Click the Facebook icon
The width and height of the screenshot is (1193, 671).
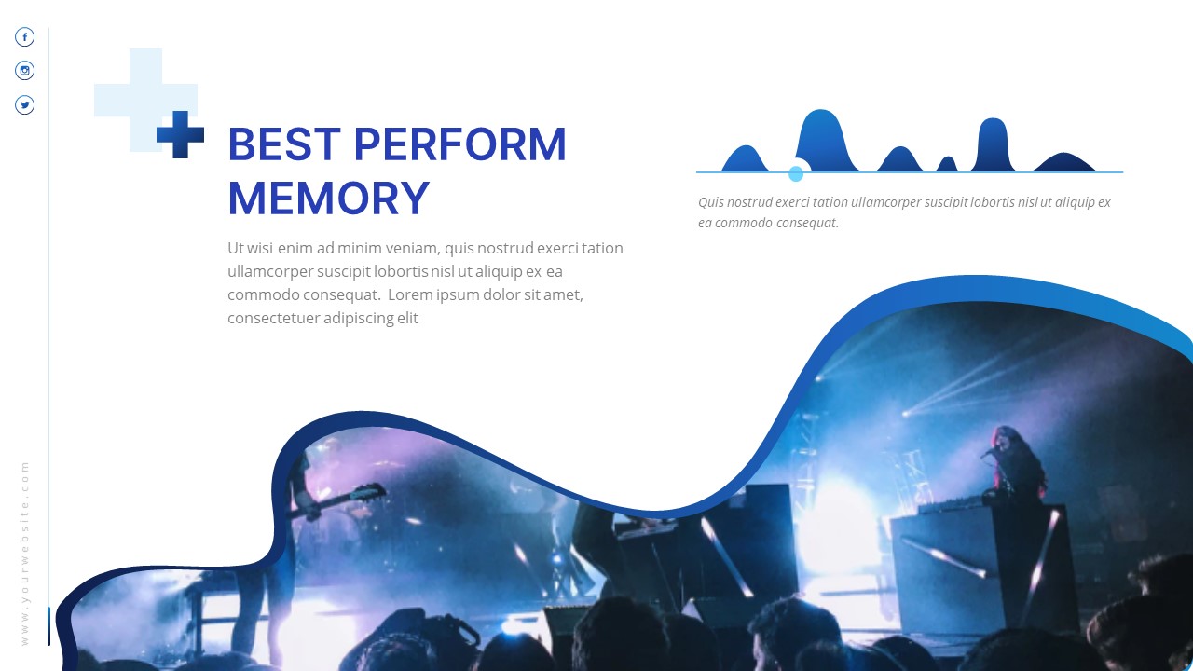pos(25,37)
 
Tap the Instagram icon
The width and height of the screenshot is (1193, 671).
pos(25,71)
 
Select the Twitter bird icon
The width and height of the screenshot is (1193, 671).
pos(25,105)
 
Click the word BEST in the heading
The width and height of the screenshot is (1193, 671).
pos(281,145)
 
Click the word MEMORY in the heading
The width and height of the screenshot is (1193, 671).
pos(328,199)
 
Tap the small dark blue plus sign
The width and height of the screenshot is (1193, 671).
pos(180,134)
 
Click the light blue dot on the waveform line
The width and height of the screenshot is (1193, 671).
pos(796,173)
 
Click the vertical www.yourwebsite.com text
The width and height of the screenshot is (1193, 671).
pos(25,553)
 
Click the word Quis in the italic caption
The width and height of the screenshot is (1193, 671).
pos(711,202)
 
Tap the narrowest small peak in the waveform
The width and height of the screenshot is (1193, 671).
pos(947,165)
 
